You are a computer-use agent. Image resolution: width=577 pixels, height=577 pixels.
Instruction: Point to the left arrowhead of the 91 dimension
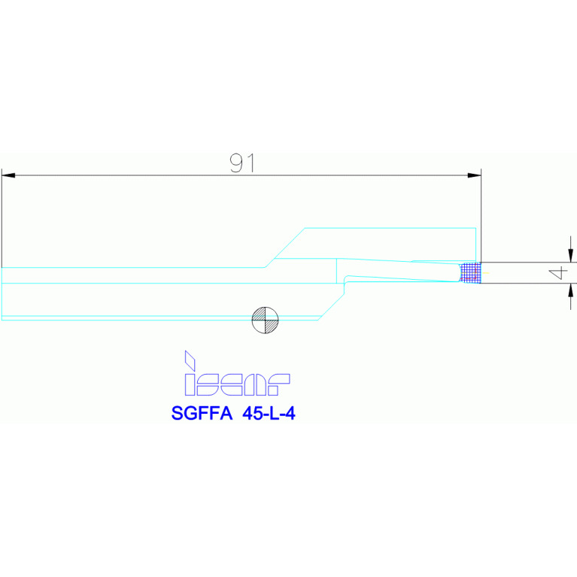pyautogui.click(x=8, y=175)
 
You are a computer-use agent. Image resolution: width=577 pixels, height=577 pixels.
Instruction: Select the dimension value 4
pyautogui.click(x=558, y=272)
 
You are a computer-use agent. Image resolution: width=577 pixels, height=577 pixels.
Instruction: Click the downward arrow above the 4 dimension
pyautogui.click(x=571, y=254)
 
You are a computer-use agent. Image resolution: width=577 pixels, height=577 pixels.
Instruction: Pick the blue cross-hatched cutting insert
pyautogui.click(x=470, y=272)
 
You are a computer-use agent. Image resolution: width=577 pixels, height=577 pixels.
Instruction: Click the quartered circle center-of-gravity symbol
pyautogui.click(x=264, y=320)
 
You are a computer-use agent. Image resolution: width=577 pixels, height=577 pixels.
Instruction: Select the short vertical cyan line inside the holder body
pyautogui.click(x=336, y=271)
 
